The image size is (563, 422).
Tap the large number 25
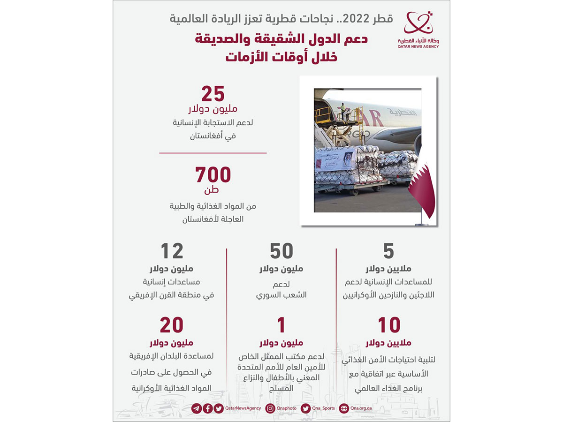pos(213,94)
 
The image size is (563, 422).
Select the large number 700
pos(213,175)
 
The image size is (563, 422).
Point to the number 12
pos(172,252)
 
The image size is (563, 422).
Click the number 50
pos(281,252)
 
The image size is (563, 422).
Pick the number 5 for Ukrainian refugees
pos(388,252)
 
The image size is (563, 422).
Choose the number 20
pos(171,325)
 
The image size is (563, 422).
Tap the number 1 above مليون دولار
pos(281,325)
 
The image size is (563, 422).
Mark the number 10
pos(388,325)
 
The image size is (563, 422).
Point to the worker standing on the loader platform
pos(343,111)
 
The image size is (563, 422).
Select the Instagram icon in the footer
pos(270,408)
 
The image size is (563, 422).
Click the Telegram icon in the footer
pos(196,408)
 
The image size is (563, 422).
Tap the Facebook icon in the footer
pos(207,408)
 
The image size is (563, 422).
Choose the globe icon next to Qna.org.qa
pos(344,408)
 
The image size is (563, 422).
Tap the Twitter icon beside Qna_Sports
pos(305,408)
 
